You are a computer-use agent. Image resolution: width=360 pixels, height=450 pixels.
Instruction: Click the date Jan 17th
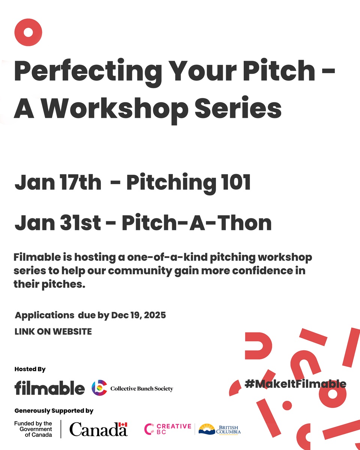click(x=58, y=183)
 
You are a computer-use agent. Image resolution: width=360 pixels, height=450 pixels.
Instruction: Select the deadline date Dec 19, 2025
click(x=138, y=315)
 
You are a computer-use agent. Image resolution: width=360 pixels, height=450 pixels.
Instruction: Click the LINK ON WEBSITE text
click(x=53, y=331)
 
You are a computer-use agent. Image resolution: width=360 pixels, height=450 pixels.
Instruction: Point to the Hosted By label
click(x=30, y=369)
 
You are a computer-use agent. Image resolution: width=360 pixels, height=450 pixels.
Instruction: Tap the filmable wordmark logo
click(x=49, y=388)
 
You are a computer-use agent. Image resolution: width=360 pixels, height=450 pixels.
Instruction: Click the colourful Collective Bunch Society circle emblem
click(x=99, y=388)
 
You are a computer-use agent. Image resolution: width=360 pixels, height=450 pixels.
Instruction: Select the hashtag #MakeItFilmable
click(x=295, y=384)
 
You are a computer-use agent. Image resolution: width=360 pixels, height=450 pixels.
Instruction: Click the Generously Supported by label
click(x=54, y=411)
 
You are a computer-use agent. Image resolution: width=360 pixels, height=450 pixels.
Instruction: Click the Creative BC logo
click(x=168, y=429)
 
